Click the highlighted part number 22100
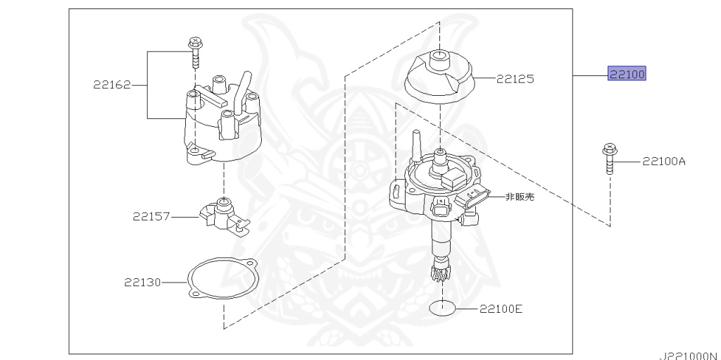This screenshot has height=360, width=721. tap(627, 73)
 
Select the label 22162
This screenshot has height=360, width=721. tap(112, 85)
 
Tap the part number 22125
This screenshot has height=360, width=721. tap(514, 79)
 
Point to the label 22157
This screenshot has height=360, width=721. tap(151, 216)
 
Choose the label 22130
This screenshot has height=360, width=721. tap(143, 283)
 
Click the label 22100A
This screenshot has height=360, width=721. tap(663, 161)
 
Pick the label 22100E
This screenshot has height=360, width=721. tap(501, 308)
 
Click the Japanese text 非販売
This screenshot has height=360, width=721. tap(520, 197)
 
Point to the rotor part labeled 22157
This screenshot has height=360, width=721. tap(222, 214)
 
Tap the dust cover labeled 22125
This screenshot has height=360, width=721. tap(441, 79)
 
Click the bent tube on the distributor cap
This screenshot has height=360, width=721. tap(242, 87)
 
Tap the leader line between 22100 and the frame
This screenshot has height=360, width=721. tap(590, 74)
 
